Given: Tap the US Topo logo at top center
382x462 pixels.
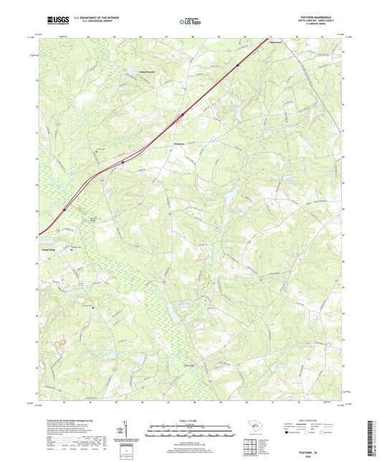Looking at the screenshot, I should tap(189, 22).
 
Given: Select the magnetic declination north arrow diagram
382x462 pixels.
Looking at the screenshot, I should tap(126, 430).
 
